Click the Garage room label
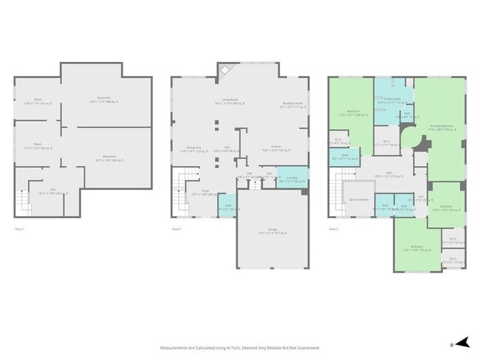[x=272, y=231]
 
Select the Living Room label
[x=235, y=103]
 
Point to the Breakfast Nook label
[x=293, y=105]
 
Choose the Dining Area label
[x=191, y=148]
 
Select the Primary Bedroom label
[x=443, y=127]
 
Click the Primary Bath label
[x=392, y=100]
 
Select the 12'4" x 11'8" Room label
[x=37, y=103]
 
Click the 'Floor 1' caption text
[x=20, y=229]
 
